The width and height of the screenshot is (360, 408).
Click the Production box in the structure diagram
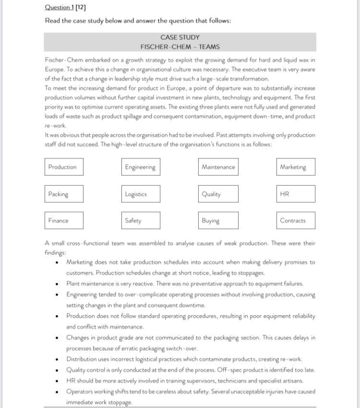pos(64,167)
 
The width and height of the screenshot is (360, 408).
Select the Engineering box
pos(140,167)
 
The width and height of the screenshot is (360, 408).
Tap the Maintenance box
pos(218,167)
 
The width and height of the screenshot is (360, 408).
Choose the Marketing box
pos(296,167)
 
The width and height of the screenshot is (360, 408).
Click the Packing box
pos(64,194)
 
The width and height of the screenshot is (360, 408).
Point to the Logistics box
pos(140,194)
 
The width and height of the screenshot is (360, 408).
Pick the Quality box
pos(218,194)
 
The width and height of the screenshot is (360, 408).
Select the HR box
pos(296,194)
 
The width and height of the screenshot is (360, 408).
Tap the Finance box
pos(64,221)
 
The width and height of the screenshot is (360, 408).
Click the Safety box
pos(140,221)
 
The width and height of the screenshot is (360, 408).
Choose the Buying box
pos(218,221)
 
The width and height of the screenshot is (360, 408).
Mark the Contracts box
pos(296,221)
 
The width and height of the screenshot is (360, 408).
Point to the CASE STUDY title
pos(180,37)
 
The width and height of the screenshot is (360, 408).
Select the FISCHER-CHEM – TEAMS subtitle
pos(180,47)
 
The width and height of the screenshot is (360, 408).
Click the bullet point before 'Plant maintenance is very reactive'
pos(57,284)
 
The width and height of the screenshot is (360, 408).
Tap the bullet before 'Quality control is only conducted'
pos(57,370)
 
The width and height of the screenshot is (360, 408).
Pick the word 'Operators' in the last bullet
pos(80,391)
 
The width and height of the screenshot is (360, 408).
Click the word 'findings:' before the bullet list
pos(56,252)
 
